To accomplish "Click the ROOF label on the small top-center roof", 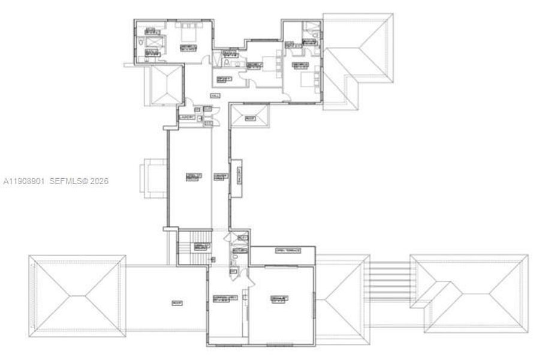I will click(x=250, y=119).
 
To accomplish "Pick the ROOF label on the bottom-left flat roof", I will click(x=176, y=302).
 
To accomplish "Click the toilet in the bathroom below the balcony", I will click(x=234, y=260).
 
